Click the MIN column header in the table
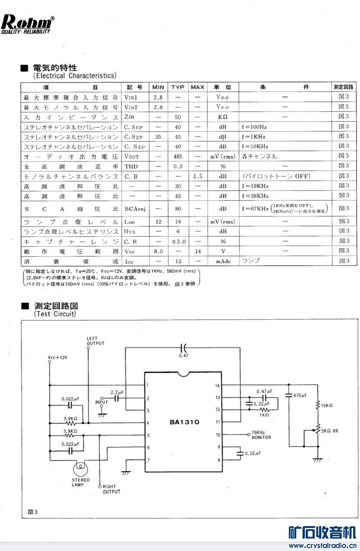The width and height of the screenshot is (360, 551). (158, 87)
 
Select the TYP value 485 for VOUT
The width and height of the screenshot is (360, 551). (177, 157)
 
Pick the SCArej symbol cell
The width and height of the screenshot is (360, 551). (135, 208)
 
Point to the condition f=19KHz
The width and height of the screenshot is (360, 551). (255, 186)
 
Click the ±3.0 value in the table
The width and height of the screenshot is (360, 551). (177, 241)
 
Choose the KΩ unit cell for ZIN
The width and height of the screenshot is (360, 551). (222, 117)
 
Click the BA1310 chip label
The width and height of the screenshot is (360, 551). (184, 422)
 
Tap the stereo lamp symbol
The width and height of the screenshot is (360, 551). (81, 466)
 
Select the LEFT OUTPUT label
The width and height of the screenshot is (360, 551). (95, 341)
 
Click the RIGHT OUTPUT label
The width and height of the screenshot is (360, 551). (112, 489)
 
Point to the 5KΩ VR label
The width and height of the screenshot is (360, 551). (330, 430)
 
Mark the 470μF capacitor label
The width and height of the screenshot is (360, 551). (300, 395)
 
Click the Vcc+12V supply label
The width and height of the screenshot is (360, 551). (58, 358)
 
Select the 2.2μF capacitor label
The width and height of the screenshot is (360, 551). (117, 393)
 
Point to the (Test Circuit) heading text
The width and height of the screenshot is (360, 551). (55, 314)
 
